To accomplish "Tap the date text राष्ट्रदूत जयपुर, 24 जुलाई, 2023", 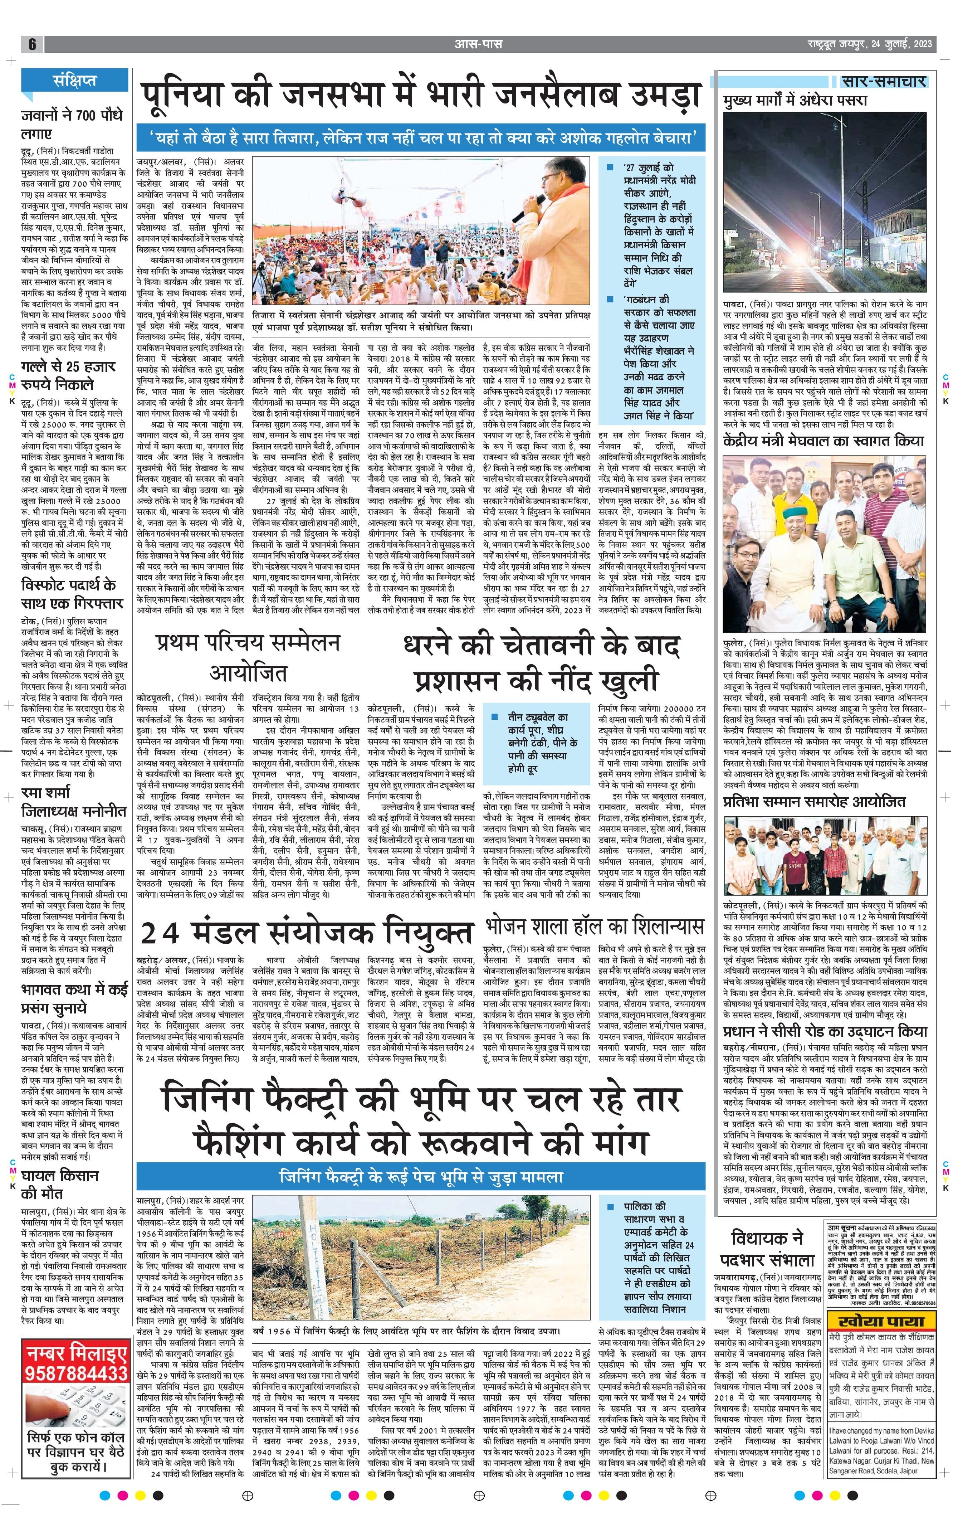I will [x=870, y=44].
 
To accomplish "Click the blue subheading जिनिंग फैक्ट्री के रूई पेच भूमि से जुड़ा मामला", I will [x=421, y=1177].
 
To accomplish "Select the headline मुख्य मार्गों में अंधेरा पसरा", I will [x=795, y=100].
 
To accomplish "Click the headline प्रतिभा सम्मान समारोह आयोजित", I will [x=814, y=802].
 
